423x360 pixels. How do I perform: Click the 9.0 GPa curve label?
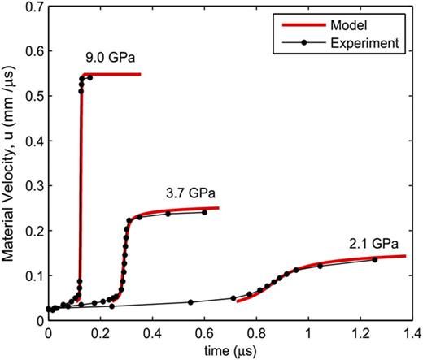pyautogui.click(x=109, y=59)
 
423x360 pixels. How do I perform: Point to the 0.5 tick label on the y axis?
pyautogui.click(x=33, y=97)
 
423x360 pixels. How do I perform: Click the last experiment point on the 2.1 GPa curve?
pyautogui.click(x=375, y=259)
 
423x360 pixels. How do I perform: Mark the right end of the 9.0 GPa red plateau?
pyautogui.click(x=140, y=75)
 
